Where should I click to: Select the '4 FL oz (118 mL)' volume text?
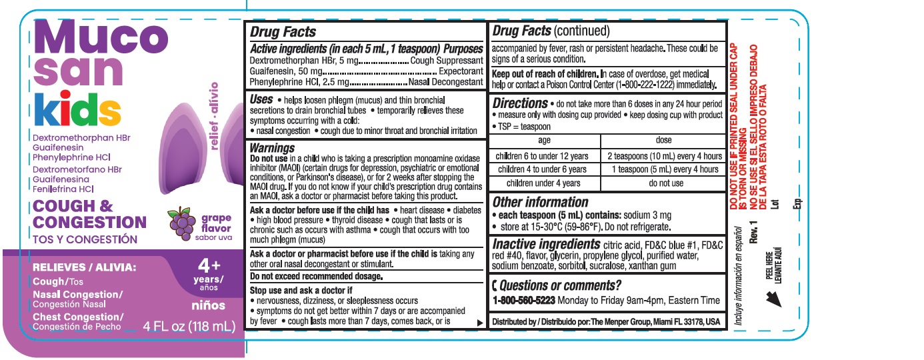click(189, 327)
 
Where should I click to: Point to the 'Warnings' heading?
click(272, 147)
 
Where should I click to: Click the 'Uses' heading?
click(261, 99)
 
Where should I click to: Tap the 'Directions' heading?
click(520, 103)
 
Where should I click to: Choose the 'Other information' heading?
click(540, 202)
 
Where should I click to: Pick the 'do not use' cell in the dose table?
click(665, 183)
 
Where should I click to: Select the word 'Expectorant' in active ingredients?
click(460, 71)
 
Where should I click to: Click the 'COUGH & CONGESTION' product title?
click(89, 214)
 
